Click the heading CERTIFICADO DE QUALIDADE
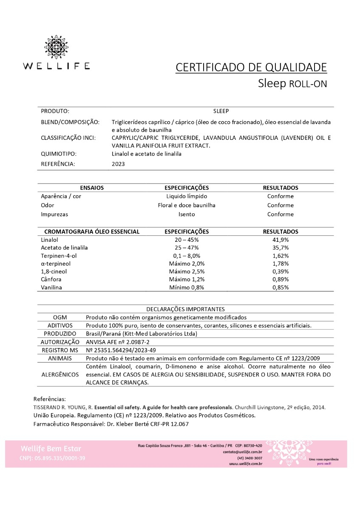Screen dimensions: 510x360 (x=251, y=67)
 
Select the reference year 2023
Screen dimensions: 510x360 (x=118, y=164)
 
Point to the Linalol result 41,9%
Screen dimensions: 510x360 (x=281, y=240)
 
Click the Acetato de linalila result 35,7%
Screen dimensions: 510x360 (x=281, y=248)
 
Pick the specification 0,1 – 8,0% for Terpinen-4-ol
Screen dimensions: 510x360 (x=187, y=256)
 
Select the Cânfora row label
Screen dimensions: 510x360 (x=51, y=279)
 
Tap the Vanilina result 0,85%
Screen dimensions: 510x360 (x=281, y=287)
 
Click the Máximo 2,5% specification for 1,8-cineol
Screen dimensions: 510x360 (x=187, y=272)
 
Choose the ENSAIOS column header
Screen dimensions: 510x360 (x=92, y=187)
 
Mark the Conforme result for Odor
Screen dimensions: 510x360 (x=281, y=205)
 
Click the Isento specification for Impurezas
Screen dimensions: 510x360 (x=187, y=214)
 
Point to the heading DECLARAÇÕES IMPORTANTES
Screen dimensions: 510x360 (x=185, y=309)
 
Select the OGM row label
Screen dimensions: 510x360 (x=60, y=317)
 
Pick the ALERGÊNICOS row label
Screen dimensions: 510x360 (x=60, y=374)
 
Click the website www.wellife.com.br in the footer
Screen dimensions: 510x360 (x=245, y=464)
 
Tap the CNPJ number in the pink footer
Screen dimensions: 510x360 (x=52, y=458)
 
